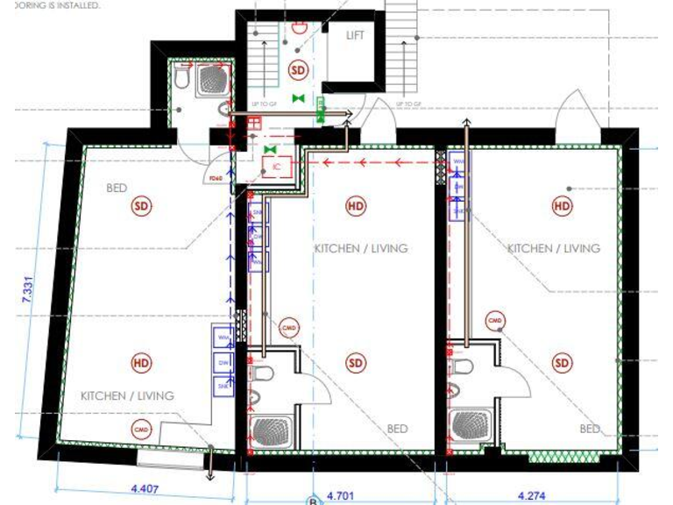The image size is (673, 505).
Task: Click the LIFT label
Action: coord(355,35)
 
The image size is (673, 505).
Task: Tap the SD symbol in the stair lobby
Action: coord(299,69)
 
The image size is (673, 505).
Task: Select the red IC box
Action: coord(275,165)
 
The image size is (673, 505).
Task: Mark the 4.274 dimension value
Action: coord(532,495)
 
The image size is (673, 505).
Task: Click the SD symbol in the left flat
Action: coord(141,206)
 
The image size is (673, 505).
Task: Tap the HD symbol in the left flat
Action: coord(140,362)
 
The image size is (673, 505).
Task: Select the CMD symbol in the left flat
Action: coord(141,429)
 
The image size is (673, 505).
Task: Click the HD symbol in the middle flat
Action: coord(356,206)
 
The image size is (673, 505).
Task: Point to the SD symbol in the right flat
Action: coord(562,362)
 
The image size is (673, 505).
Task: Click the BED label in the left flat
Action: coord(117,188)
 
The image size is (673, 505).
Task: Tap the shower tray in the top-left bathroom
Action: coord(211,80)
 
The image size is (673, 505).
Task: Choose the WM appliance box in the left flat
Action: coord(222,337)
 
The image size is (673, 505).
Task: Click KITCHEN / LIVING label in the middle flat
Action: coord(361,248)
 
